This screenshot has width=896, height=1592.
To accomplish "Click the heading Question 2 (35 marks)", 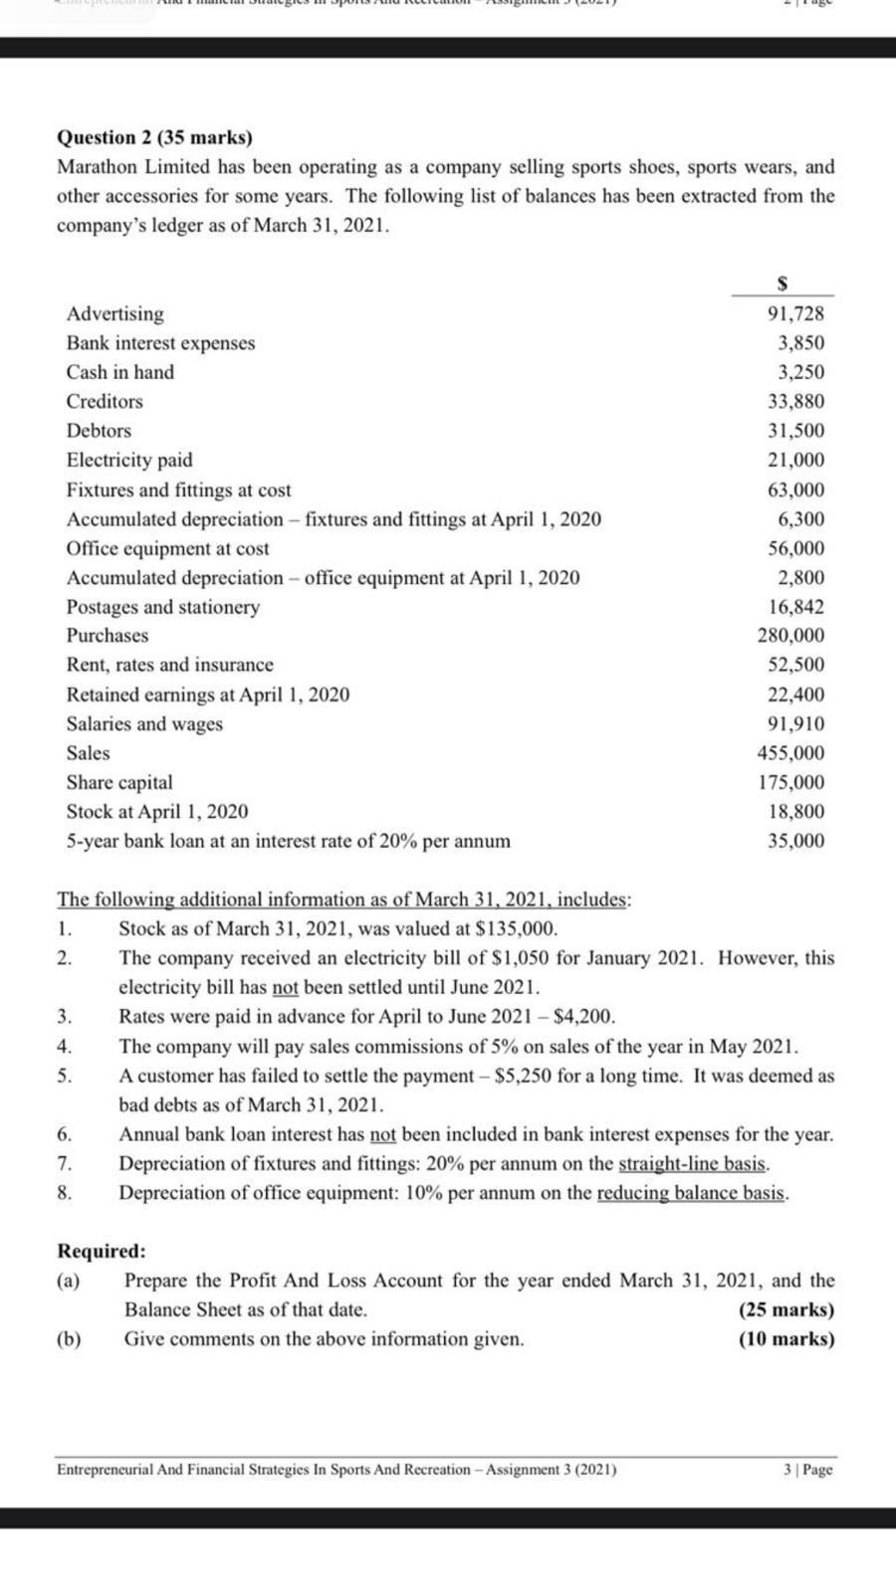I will coord(154,137).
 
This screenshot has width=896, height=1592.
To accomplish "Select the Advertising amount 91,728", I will coord(795,313).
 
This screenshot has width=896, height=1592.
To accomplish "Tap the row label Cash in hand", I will coord(119,372).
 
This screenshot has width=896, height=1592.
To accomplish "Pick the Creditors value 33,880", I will coord(795,401).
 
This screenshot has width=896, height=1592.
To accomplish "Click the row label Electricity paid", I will coord(129,460).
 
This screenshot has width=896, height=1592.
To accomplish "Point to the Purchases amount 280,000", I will coord(791,635).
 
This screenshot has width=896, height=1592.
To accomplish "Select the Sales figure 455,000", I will coord(791,753).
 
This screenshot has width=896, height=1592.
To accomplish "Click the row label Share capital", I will coord(119,782).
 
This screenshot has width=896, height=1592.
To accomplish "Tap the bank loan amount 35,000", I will coord(795,841).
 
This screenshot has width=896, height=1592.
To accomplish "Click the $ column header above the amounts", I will coord(783,284).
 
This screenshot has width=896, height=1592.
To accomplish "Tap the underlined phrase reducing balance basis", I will coord(692,1193).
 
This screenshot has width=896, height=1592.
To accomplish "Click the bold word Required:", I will coord(102,1251).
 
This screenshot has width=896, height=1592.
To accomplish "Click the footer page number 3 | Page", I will coord(807,1470).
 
